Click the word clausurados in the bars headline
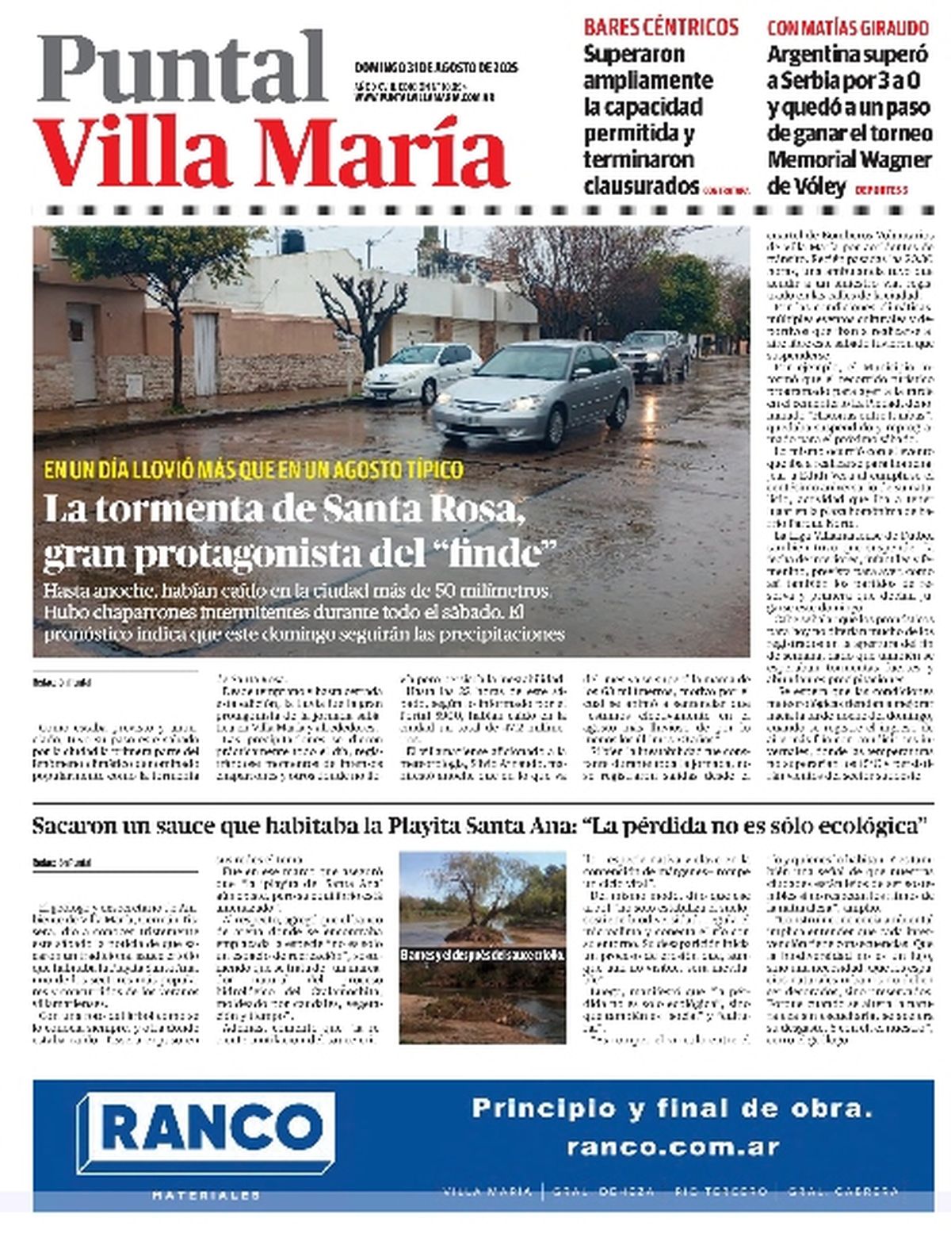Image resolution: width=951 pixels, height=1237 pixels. tap(641, 186)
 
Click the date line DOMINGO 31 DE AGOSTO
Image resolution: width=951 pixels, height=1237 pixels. tap(435, 68)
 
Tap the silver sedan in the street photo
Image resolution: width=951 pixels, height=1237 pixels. tap(535, 391)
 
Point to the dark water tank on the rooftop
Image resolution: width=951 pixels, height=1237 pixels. tap(292, 241)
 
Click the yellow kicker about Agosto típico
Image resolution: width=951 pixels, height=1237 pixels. tap(254, 470)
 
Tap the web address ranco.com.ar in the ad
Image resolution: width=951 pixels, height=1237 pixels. tap(673, 1147)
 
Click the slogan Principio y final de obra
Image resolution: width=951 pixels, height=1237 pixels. tap(672, 1109)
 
